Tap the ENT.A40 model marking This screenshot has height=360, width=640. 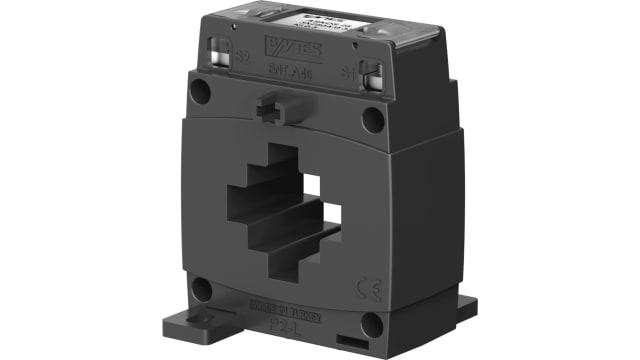[x=290, y=73]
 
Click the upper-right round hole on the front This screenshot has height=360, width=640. [x=372, y=119]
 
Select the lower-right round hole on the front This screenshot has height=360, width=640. [x=371, y=324]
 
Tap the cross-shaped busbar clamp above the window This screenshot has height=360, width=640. [x=273, y=107]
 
